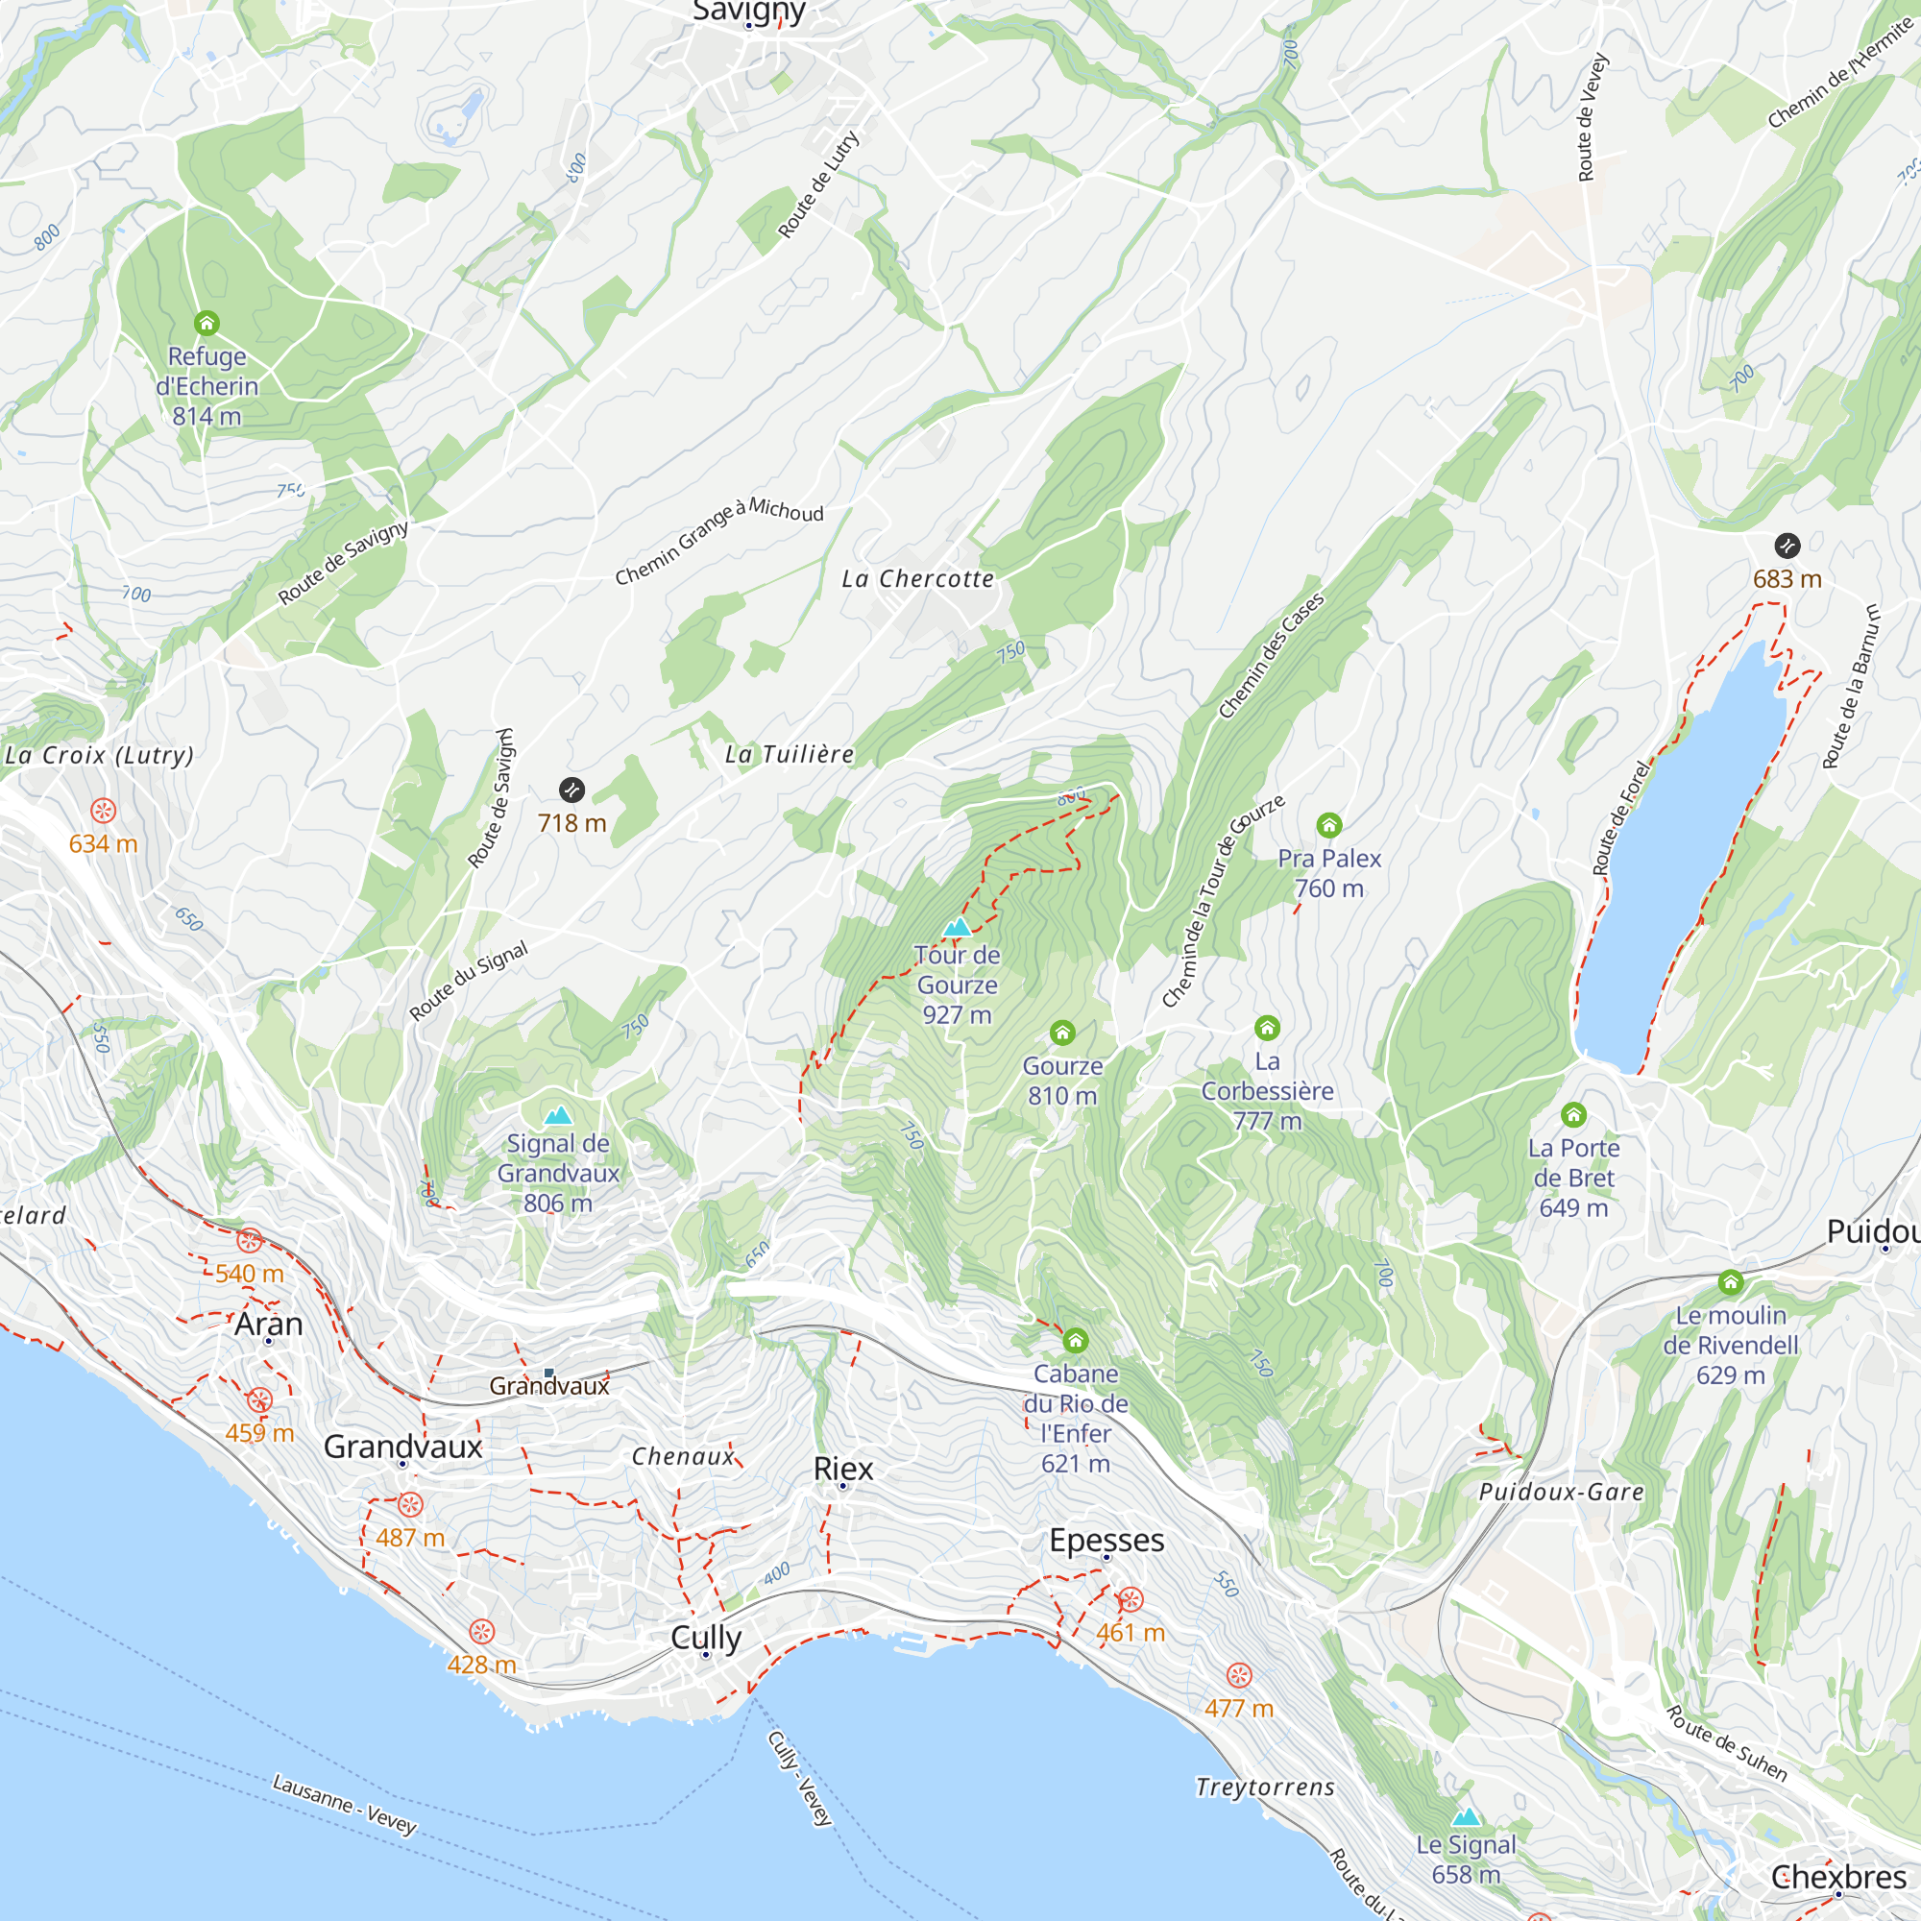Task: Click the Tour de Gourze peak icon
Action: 957,928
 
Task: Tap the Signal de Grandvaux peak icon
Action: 558,1115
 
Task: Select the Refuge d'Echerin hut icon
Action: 207,323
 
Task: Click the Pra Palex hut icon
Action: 1329,825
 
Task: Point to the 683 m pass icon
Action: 1787,546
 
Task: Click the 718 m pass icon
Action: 571,790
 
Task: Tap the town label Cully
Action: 706,1637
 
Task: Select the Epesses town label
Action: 1106,1541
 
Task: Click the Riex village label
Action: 843,1469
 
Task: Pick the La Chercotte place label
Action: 917,578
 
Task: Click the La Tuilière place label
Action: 790,755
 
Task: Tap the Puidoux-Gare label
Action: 1561,1492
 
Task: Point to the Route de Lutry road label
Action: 817,185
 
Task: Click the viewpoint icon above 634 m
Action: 104,812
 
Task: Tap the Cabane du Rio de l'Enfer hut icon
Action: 1075,1341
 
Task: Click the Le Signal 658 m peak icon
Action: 1467,1817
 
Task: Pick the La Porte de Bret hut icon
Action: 1573,1114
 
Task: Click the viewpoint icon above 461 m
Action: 1131,1600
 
